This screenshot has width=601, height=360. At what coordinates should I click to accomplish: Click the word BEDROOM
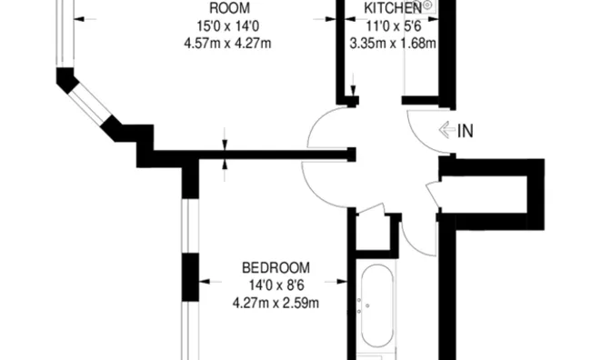275,267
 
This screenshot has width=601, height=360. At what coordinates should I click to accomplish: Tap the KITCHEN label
393,7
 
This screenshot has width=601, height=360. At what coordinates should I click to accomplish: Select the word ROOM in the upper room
230,8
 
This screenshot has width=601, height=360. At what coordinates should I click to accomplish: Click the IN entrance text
466,131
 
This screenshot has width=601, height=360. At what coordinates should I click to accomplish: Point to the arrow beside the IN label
447,130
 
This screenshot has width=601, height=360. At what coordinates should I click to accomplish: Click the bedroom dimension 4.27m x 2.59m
275,303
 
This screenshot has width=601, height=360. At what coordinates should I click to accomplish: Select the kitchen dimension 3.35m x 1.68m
393,43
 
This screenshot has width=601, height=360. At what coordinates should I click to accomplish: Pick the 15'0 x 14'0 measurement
228,26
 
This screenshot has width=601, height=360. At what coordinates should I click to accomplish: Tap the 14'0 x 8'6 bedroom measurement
276,285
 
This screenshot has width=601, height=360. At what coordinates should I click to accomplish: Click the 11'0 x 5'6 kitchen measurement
394,26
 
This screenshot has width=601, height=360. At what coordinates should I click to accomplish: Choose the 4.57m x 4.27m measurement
227,43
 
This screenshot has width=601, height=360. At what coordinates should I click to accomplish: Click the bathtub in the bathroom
377,306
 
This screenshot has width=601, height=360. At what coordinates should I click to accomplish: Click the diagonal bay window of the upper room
90,103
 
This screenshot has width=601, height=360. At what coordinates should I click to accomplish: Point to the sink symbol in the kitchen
427,5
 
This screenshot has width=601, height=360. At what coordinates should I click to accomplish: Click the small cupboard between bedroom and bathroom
374,233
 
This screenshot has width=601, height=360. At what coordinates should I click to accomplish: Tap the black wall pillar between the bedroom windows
191,277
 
